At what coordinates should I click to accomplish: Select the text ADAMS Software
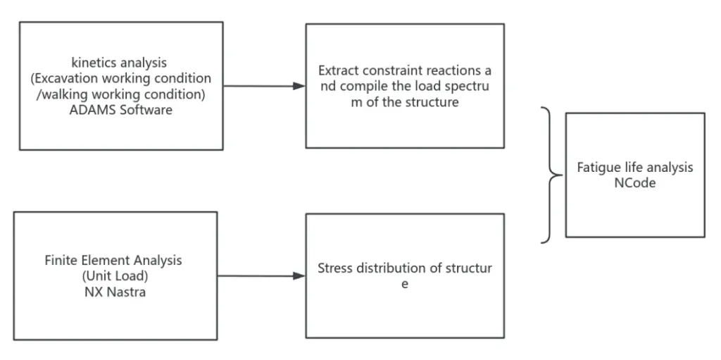pyautogui.click(x=120, y=110)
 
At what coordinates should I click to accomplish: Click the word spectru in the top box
pyautogui.click(x=466, y=87)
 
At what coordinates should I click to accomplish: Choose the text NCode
pyautogui.click(x=635, y=183)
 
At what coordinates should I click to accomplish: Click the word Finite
pyautogui.click(x=62, y=260)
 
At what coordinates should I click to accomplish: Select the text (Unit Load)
pyautogui.click(x=113, y=275)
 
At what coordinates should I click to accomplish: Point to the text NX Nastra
pyautogui.click(x=113, y=291)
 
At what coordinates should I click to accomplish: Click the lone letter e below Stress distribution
pyautogui.click(x=405, y=285)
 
